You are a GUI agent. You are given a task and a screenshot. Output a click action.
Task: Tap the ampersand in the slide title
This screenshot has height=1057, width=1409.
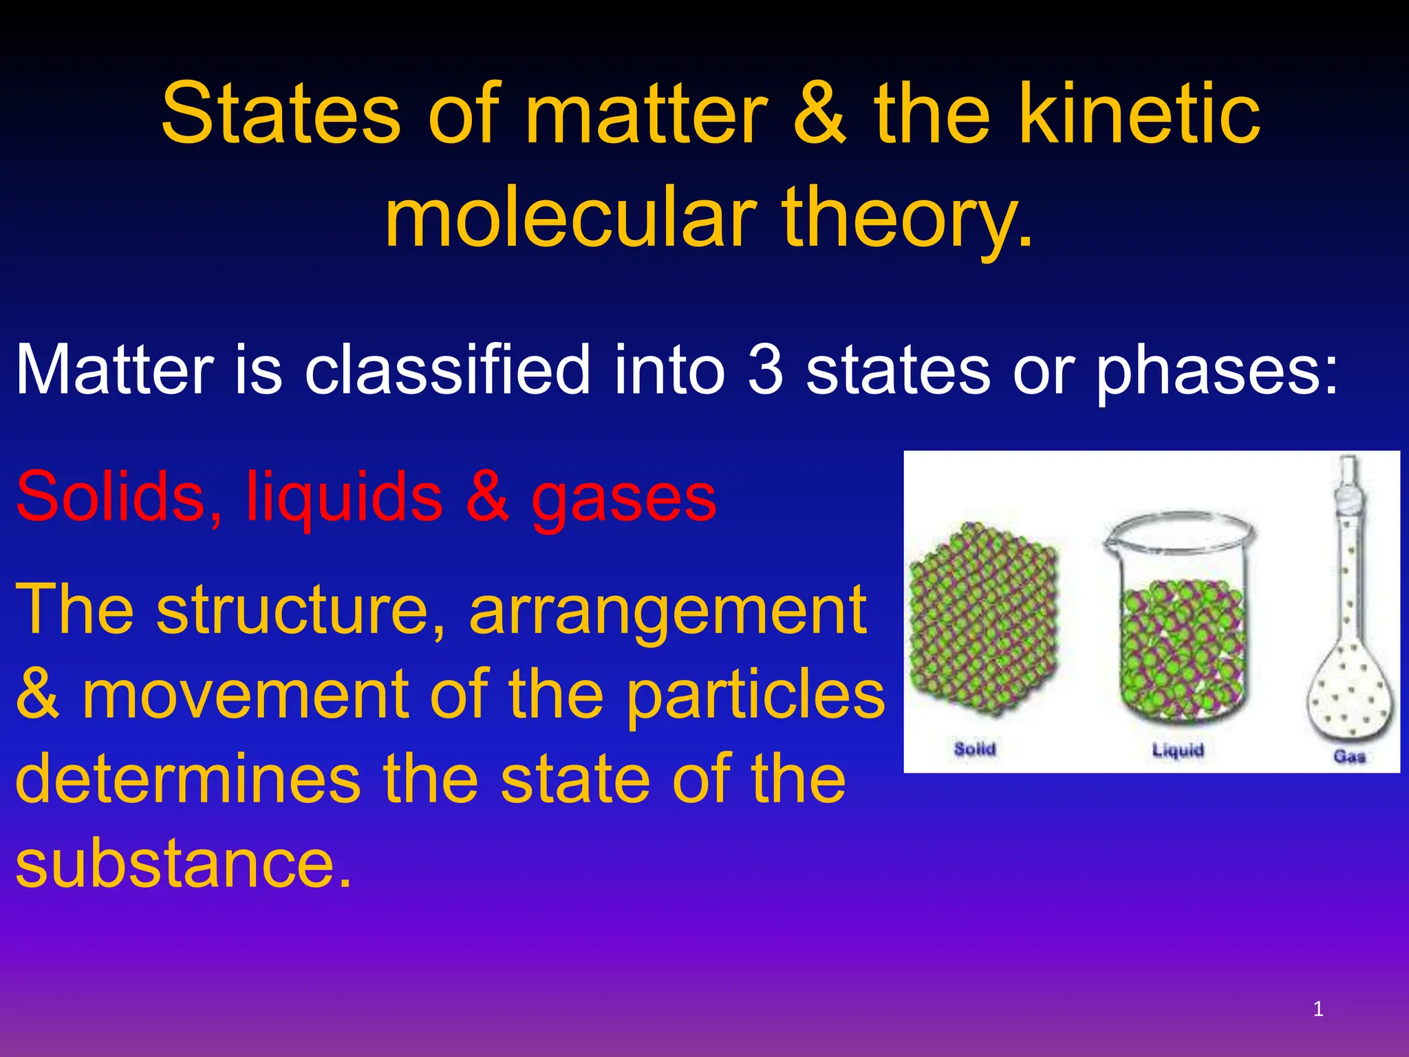tap(820, 114)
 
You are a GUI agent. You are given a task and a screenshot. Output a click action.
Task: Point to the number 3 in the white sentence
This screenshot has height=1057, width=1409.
tap(765, 370)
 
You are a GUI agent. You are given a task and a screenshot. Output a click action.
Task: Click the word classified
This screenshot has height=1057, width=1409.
tap(447, 370)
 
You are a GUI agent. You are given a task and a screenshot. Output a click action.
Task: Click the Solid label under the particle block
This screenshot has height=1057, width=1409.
tap(974, 748)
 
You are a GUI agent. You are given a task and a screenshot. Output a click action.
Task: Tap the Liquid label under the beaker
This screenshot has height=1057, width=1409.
tap(1178, 749)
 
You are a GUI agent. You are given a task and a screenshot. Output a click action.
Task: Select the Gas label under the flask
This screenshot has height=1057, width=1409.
tap(1348, 756)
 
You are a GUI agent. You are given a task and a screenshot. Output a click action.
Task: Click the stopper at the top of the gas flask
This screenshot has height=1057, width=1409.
tap(1348, 482)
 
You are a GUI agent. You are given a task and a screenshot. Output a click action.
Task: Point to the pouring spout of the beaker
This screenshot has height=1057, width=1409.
tap(1109, 544)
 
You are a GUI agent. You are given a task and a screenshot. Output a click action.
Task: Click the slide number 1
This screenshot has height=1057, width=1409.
tap(1318, 1010)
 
